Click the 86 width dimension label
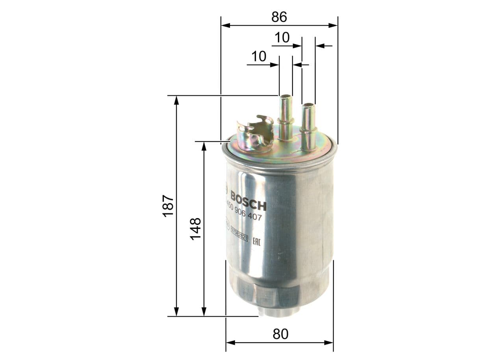(279, 17)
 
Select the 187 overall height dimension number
(168, 205)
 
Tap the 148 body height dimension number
(196, 228)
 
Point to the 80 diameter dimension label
(280, 334)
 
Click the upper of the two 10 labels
(282, 38)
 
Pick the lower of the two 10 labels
(259, 57)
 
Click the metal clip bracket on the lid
(255, 134)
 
